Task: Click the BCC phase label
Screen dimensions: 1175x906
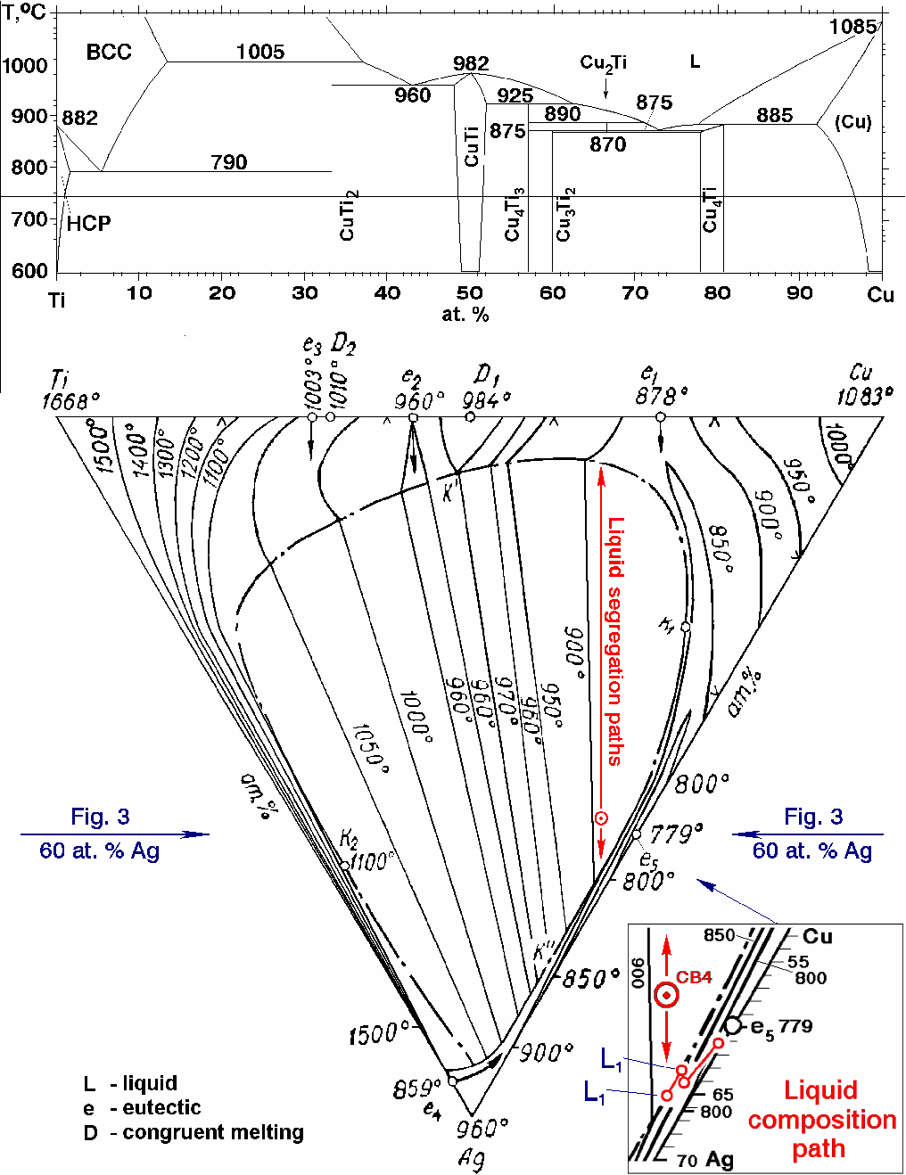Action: tap(109, 52)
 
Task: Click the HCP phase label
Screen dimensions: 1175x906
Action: tap(89, 223)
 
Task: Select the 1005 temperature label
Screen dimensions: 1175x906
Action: tap(260, 52)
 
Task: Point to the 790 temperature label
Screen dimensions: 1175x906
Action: tap(229, 162)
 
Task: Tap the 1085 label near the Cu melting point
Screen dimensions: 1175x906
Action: tap(852, 27)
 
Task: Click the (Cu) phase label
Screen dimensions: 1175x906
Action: tap(852, 122)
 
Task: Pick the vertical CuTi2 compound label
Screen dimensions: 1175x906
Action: tap(349, 215)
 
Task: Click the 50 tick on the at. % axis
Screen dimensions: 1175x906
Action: tap(470, 293)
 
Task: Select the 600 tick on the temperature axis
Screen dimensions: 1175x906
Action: tap(30, 271)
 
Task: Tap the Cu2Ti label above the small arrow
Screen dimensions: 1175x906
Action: tap(604, 62)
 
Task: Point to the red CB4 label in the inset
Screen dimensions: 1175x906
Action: tap(694, 977)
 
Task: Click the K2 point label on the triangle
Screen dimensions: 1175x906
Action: tap(349, 839)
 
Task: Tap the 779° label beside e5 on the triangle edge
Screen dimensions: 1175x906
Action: tap(675, 834)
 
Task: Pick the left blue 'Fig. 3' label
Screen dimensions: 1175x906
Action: tap(100, 817)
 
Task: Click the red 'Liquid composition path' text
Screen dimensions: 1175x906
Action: tap(821, 1119)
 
